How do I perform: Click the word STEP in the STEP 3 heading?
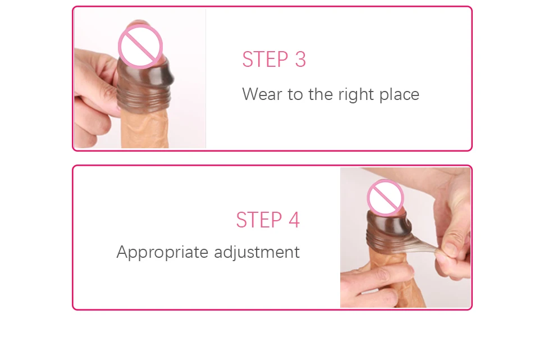click(x=265, y=59)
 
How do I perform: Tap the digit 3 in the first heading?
click(x=300, y=59)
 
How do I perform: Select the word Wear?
click(x=262, y=94)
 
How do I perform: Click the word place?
click(x=399, y=95)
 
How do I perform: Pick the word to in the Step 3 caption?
click(x=295, y=95)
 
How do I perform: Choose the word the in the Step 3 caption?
click(x=321, y=94)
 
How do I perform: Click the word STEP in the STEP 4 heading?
click(x=259, y=220)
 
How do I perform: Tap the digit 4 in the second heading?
click(x=294, y=220)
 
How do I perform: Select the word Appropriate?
click(x=163, y=253)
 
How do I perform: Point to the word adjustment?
click(x=257, y=253)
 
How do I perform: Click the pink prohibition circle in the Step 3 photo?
click(x=140, y=47)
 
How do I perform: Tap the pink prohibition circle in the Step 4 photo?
click(x=385, y=198)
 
